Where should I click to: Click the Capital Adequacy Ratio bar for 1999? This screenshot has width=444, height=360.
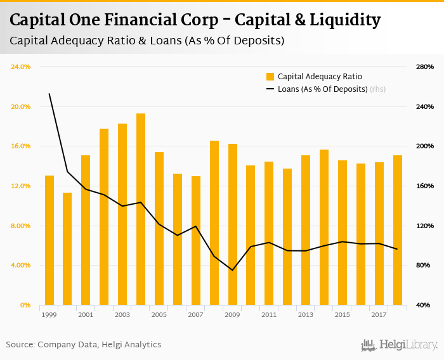49,240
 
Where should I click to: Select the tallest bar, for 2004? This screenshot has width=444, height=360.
141,209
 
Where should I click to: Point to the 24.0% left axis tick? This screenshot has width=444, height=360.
21,67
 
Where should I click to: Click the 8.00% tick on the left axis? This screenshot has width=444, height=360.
21,226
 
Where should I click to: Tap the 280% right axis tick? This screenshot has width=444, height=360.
424,67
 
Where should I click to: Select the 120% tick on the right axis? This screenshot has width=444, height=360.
424,226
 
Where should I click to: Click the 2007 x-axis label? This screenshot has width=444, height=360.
195,314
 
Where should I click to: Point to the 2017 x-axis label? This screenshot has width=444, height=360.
379,314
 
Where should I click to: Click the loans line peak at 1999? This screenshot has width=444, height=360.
49,94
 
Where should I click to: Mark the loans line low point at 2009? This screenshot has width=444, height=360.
233,270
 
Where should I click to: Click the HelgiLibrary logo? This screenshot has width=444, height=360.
400,345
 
